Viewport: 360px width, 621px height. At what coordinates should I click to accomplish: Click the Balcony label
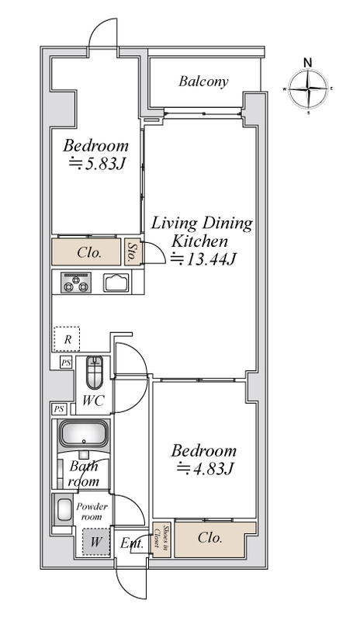click(203, 82)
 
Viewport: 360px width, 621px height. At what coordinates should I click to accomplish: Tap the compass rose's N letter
click(308, 62)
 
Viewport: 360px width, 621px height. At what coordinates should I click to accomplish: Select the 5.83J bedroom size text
click(98, 164)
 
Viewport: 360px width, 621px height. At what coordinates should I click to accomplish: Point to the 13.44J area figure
click(203, 259)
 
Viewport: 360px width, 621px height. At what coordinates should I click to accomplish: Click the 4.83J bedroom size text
click(205, 469)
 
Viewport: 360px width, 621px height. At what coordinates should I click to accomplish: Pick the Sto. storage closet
click(130, 252)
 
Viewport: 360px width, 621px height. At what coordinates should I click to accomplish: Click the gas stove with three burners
click(75, 283)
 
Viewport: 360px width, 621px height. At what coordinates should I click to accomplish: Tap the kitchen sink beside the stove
click(116, 283)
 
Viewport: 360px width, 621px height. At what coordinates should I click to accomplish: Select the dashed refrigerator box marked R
click(67, 339)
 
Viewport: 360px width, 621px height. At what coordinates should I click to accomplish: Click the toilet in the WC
click(94, 373)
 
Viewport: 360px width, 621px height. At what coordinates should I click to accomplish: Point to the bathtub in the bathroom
click(84, 433)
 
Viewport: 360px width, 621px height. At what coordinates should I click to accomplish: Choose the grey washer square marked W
click(95, 541)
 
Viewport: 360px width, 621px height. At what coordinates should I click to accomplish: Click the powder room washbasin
click(64, 509)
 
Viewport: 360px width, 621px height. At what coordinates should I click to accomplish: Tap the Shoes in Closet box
click(162, 540)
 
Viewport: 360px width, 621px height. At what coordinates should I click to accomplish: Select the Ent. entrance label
click(132, 543)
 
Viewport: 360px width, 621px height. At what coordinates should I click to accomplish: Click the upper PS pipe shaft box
click(66, 362)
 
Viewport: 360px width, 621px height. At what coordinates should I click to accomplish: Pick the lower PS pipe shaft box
click(59, 409)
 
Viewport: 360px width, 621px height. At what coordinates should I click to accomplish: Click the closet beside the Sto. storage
click(86, 252)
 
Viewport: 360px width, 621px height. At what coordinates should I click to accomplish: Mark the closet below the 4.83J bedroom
click(215, 540)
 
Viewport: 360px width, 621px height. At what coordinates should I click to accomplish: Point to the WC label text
click(93, 401)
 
